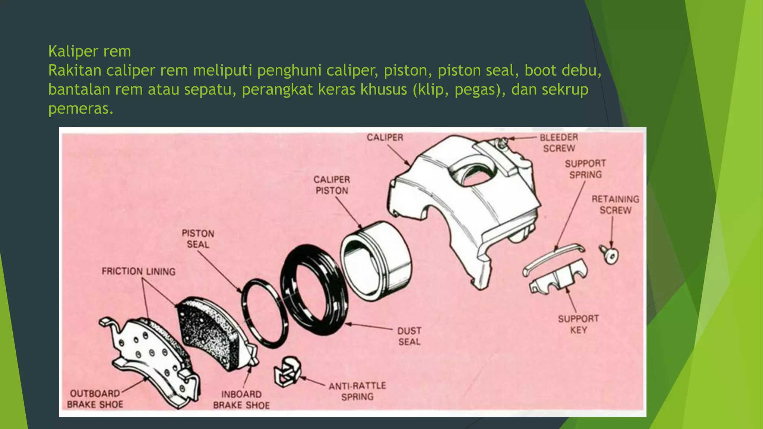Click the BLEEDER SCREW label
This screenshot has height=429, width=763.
[x=559, y=143]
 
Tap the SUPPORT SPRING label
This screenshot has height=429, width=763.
[x=585, y=169]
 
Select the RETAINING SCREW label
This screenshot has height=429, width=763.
[x=615, y=205]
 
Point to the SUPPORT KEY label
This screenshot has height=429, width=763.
[x=578, y=324]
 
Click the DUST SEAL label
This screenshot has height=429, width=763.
[x=409, y=336]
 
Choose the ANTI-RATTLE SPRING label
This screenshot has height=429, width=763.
[x=357, y=391]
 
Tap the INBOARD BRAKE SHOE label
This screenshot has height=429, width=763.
[x=241, y=400]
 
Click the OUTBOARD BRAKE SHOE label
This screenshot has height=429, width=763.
[x=95, y=399]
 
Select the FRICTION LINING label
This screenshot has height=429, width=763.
[x=138, y=271]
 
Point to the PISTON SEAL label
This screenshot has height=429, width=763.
[x=198, y=239]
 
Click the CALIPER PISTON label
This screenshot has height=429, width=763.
[x=332, y=185]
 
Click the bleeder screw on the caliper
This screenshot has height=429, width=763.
[x=503, y=142]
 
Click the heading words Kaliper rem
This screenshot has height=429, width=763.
[x=89, y=51]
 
